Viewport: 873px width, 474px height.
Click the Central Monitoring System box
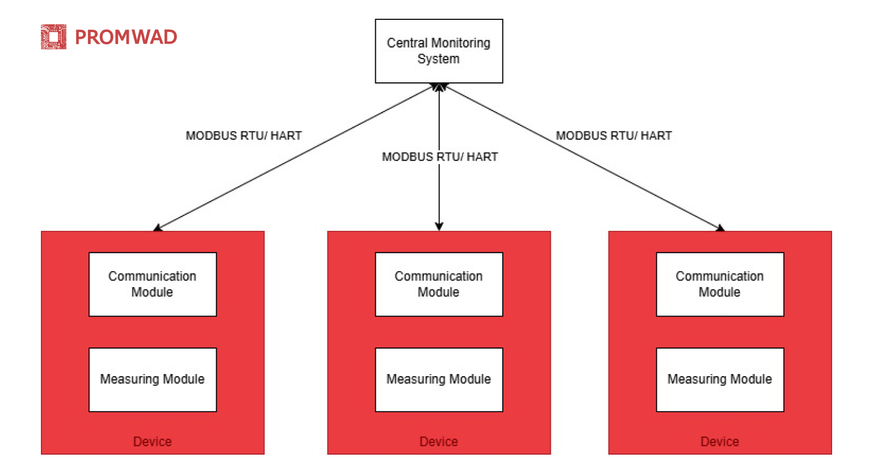439,51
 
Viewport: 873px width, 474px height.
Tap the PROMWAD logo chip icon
54,37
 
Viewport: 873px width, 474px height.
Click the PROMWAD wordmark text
125,37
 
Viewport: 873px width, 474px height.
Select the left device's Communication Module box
152,284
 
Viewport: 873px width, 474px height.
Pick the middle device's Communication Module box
439,284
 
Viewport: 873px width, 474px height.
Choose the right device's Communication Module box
719,284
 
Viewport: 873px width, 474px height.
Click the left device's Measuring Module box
152,380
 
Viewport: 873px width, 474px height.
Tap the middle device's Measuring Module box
439,380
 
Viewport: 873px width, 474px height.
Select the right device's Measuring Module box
719,380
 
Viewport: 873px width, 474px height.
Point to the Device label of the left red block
152,441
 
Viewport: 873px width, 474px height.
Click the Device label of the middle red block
439,441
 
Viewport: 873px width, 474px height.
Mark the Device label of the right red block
719,441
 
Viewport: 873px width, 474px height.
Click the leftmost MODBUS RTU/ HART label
244,136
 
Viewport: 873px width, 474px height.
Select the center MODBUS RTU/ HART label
440,157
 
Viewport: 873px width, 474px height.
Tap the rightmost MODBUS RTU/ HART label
613,136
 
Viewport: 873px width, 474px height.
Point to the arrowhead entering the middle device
439,226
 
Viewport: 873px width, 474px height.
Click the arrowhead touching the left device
157,228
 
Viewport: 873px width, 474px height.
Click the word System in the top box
438,59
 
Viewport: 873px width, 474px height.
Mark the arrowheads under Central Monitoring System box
439,87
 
